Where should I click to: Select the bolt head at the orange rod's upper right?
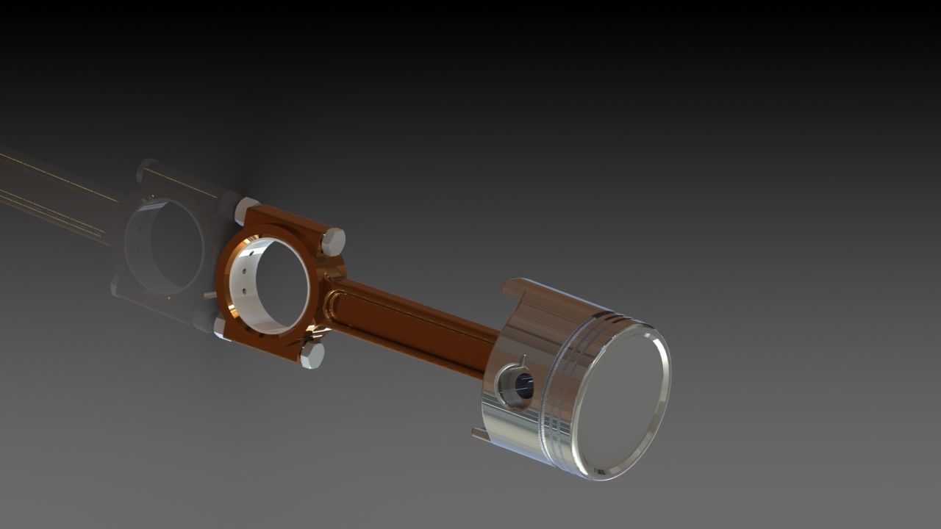point(333,241)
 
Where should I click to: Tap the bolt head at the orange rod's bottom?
point(312,356)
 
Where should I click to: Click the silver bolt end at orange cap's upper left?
point(245,209)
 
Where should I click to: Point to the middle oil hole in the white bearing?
point(242,281)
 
